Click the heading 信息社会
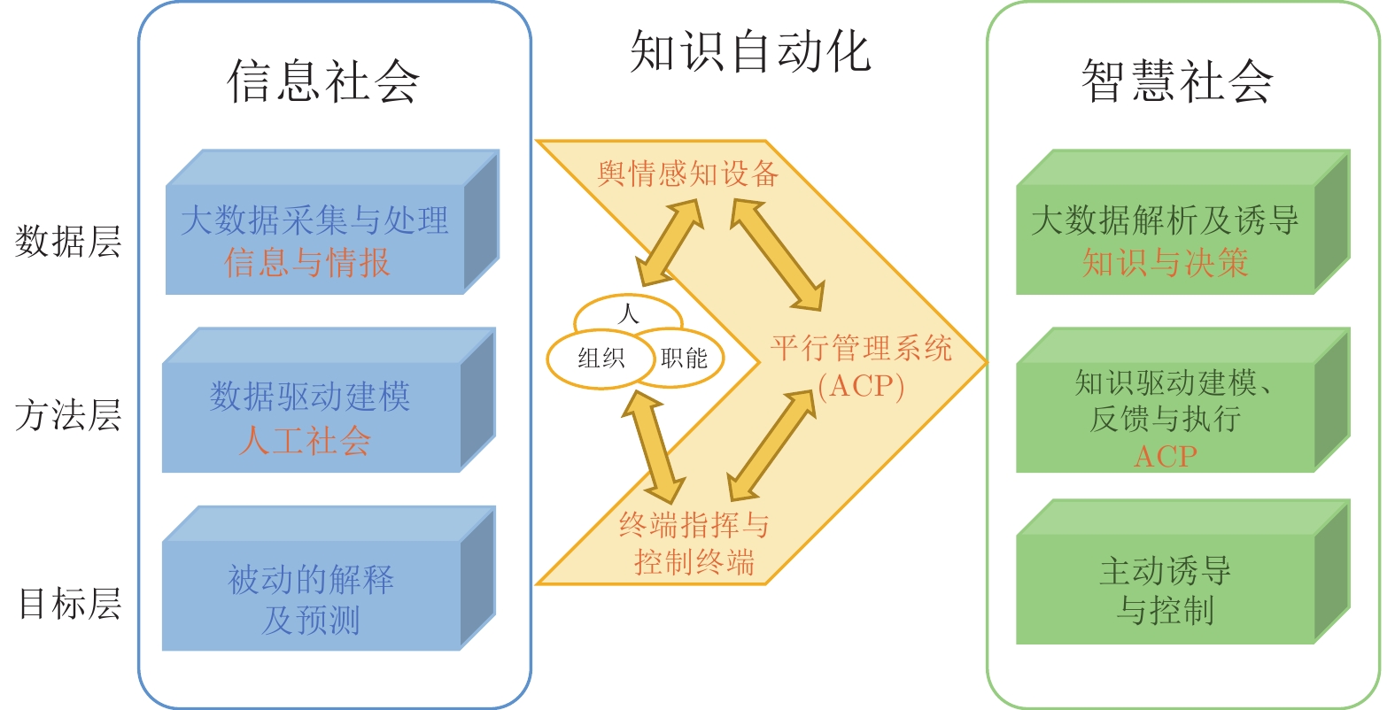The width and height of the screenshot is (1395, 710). (x=322, y=81)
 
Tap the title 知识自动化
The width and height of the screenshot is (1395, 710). (x=750, y=51)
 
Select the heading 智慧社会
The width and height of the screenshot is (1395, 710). (x=1177, y=81)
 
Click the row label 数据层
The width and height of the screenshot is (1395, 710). (x=68, y=241)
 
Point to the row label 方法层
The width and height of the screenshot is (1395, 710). (x=68, y=414)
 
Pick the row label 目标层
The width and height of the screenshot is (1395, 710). (x=70, y=604)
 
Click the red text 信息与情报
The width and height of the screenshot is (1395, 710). (x=307, y=263)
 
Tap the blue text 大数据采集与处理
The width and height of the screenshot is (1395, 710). (x=314, y=220)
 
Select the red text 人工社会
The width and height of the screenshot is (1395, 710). (x=306, y=440)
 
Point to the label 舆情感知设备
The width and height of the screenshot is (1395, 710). (x=688, y=173)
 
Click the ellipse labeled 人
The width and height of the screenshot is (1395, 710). (x=628, y=313)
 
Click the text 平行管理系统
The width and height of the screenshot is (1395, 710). (x=861, y=347)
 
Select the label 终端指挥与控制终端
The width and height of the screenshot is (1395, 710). (x=694, y=543)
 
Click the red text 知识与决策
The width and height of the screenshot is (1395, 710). (x=1165, y=263)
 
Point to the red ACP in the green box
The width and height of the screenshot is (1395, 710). (x=1165, y=457)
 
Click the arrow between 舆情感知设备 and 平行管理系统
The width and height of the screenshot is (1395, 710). (x=777, y=254)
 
